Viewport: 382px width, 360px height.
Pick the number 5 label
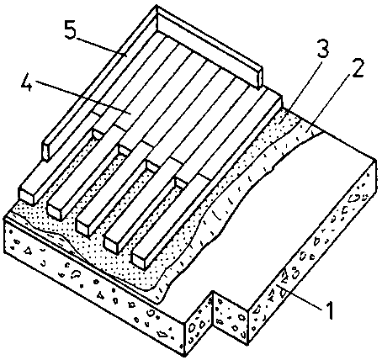pos(70,29)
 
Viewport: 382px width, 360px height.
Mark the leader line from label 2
pos(328,103)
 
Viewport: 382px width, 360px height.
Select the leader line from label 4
pos(83,98)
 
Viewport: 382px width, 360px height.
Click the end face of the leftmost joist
pos(26,195)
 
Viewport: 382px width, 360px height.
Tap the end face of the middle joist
pos(83,227)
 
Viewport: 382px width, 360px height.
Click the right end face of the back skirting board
pos(261,78)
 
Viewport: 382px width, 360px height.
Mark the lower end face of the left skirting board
pos(45,150)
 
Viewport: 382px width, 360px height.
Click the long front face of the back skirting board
pos(208,48)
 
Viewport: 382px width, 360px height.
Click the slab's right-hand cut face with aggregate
pos(312,251)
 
